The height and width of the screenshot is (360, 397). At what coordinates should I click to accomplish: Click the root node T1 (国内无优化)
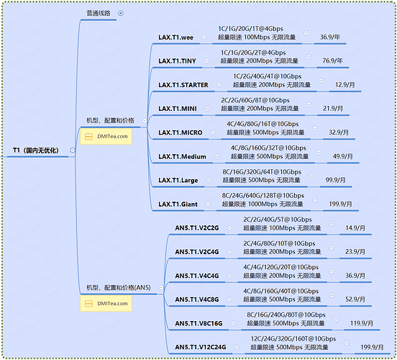coord(36,150)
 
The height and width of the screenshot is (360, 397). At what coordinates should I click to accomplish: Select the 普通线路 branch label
coord(99,13)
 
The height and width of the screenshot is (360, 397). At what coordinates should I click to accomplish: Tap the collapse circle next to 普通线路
coord(121,13)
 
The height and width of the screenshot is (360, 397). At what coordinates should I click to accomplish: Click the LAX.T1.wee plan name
coord(175,37)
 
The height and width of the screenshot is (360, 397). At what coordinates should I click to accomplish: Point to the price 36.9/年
coord(330,37)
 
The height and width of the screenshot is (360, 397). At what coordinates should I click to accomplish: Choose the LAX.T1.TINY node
coord(177,61)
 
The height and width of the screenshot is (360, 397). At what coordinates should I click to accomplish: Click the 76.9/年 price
coord(332,61)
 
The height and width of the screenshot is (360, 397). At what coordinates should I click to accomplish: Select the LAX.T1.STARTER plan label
coord(183,85)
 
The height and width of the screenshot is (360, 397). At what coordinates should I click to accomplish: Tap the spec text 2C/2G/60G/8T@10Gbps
coord(255,100)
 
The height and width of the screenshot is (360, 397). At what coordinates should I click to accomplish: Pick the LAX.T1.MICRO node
coord(181,132)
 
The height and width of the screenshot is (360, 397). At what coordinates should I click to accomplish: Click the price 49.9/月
coord(342,156)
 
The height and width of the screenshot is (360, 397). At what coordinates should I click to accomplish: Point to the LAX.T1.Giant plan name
coord(178,204)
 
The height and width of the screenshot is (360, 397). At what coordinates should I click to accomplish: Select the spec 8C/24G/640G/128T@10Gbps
coord(263,196)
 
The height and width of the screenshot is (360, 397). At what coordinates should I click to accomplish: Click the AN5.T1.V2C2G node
coord(197,228)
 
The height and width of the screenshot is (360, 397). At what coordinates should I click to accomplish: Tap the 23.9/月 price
coord(355,252)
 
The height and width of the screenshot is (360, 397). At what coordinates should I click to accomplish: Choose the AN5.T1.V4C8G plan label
coord(197,300)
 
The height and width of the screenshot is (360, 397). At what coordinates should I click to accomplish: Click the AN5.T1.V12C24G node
coord(200,347)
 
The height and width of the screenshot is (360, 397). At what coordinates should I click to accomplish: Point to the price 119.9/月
coord(362,323)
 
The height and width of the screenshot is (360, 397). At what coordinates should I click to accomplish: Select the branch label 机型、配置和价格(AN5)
coord(119,288)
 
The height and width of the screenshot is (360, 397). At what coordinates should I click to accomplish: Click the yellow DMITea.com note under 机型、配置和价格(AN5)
coord(106,303)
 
